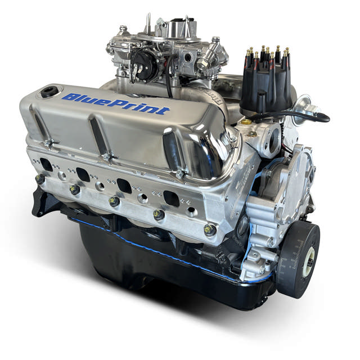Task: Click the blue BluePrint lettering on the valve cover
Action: tap(116, 104)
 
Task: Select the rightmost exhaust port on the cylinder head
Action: tap(170, 199)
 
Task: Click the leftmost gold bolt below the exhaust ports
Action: tap(40, 179)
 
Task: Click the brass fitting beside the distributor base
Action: tap(246, 121)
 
